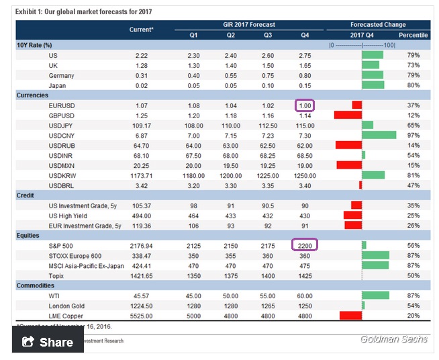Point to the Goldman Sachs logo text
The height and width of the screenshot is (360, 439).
pyautogui.click(x=393, y=339)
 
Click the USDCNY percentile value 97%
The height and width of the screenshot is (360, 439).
pyautogui.click(x=413, y=135)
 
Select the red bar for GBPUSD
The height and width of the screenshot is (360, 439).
pyautogui.click(x=348, y=116)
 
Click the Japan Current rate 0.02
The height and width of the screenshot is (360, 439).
pyautogui.click(x=141, y=85)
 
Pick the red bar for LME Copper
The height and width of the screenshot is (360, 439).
pyautogui.click(x=351, y=314)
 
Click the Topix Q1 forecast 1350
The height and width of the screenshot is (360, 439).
pyautogui.click(x=193, y=275)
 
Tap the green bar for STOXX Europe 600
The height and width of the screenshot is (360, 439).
pyautogui.click(x=375, y=255)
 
